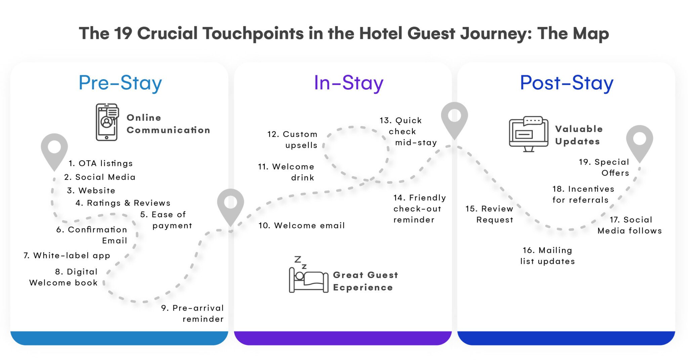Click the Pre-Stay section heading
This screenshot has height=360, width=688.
click(120, 83)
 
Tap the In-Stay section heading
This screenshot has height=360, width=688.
click(348, 83)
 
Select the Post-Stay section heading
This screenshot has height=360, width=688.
click(566, 83)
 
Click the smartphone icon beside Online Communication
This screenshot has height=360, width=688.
click(107, 122)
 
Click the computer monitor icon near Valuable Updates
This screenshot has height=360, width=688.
click(528, 134)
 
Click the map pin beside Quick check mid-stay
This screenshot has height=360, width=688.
click(454, 119)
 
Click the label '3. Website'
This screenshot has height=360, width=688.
click(91, 190)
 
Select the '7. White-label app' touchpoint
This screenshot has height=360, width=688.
click(67, 256)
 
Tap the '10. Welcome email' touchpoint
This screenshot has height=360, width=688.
click(301, 225)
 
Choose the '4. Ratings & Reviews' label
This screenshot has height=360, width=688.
click(123, 203)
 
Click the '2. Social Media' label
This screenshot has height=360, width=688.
click(100, 177)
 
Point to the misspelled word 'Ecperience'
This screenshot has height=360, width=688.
click(362, 287)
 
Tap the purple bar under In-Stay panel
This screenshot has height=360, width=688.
click(342, 338)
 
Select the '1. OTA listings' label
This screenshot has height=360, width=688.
click(100, 163)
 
